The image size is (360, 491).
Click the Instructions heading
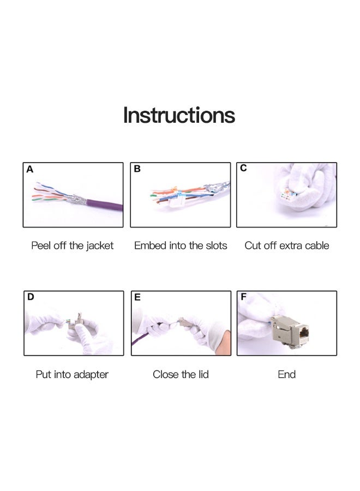pyautogui.click(x=179, y=115)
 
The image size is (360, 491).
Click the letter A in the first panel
pyautogui.click(x=30, y=170)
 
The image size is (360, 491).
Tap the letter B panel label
pyautogui.click(x=137, y=169)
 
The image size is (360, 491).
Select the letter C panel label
pyautogui.click(x=243, y=168)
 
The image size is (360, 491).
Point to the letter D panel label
pyautogui.click(x=31, y=297)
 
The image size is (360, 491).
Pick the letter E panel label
pyautogui.click(x=137, y=297)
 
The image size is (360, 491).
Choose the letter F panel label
pyautogui.click(x=244, y=297)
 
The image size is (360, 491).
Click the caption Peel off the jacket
pyautogui.click(x=73, y=246)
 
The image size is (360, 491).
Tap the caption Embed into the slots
pyautogui.click(x=181, y=245)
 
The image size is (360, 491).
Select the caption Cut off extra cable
pyautogui.click(x=287, y=245)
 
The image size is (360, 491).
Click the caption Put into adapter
pyautogui.click(x=72, y=374)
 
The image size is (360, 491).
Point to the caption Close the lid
pyautogui.click(x=181, y=374)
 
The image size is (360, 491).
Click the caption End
pyautogui.click(x=287, y=374)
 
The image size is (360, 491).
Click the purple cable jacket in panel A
pyautogui.click(x=104, y=205)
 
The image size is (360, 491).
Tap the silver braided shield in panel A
pyautogui.click(x=77, y=199)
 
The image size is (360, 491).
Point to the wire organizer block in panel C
pyautogui.click(x=287, y=194)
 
